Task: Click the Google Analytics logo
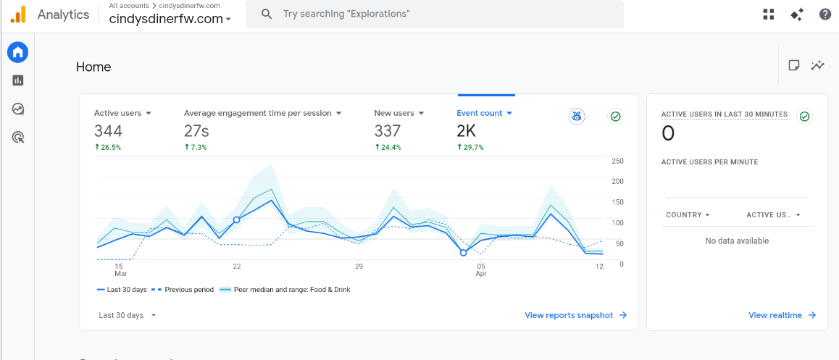coord(17,14)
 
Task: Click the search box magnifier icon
coord(267,14)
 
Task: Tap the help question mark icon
coord(825,14)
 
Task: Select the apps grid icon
coord(769,14)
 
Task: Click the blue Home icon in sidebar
coord(17,52)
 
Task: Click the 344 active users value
coord(108,130)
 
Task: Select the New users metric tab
coord(399,113)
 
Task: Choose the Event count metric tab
coord(485,113)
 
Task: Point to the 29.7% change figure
coord(470,147)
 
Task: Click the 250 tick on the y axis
coord(617,161)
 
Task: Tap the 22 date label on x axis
coord(236,266)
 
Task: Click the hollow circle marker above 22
coord(236,219)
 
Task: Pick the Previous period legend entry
coord(182,290)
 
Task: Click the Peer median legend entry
coord(285,290)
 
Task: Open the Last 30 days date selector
coord(128,315)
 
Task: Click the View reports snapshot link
coord(576,315)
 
